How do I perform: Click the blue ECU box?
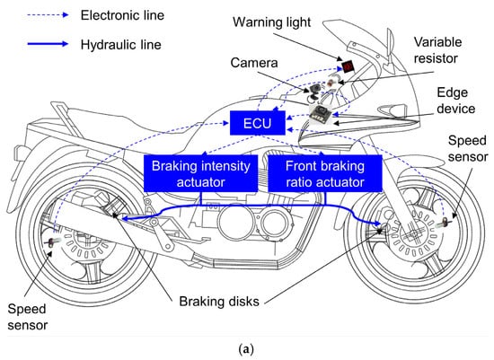(x=258, y=123)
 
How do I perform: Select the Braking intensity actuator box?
(x=200, y=173)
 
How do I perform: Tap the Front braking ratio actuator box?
(x=325, y=173)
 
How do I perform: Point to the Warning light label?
(x=271, y=22)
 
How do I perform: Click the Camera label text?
(x=254, y=63)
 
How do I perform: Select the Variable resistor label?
(x=437, y=50)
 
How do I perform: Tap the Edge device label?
(x=456, y=101)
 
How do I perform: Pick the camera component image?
(x=315, y=92)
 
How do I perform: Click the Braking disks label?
(x=219, y=302)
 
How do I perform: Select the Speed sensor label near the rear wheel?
(x=28, y=317)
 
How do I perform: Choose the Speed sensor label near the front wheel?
(x=468, y=148)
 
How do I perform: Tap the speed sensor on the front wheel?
(x=444, y=223)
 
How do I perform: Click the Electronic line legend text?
(x=122, y=15)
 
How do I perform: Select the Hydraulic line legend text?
(x=121, y=44)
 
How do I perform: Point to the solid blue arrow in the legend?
(x=48, y=44)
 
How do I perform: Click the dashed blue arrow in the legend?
(x=48, y=14)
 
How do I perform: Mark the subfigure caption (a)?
(x=246, y=349)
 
